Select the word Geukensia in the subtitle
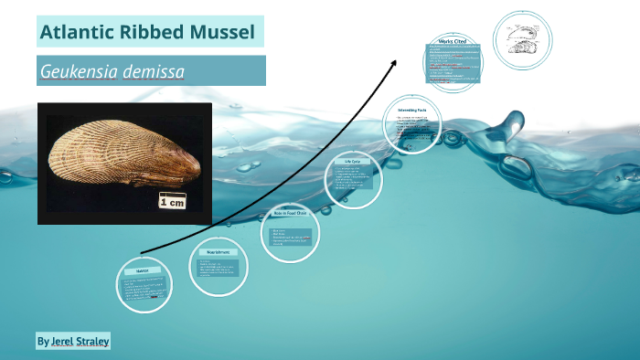click(79, 71)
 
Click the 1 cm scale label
click(171, 202)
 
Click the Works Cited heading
click(453, 42)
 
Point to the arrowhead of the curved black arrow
click(395, 63)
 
